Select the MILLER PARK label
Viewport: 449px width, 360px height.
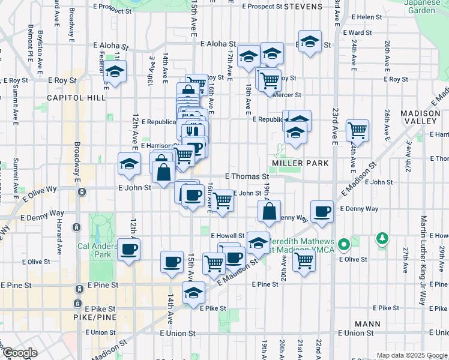point(300,163)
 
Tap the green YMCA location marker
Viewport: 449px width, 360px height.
point(343,245)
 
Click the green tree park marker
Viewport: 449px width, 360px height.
point(382,239)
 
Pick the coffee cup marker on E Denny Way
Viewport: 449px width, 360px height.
point(322,211)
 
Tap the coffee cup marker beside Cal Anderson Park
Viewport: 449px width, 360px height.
point(128,249)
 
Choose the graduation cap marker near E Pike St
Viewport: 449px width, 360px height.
point(193,293)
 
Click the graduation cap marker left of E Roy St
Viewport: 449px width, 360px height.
point(114,73)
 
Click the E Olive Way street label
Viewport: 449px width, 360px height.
point(40,191)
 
